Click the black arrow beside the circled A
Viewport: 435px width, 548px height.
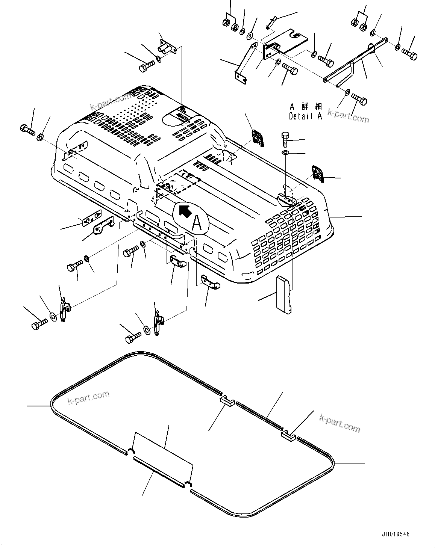click(x=184, y=211)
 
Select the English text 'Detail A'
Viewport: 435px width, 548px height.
click(x=305, y=116)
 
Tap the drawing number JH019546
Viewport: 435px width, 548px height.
click(x=395, y=534)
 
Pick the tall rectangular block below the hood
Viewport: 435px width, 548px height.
click(x=284, y=293)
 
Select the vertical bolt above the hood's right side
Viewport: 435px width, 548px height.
click(x=285, y=140)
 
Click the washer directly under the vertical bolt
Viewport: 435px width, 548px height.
click(x=285, y=153)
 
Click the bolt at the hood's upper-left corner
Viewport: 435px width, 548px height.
click(x=27, y=130)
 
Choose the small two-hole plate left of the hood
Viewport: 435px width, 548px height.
click(x=92, y=219)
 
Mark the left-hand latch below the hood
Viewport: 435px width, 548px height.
click(x=65, y=309)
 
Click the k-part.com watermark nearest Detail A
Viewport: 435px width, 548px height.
click(x=348, y=116)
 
